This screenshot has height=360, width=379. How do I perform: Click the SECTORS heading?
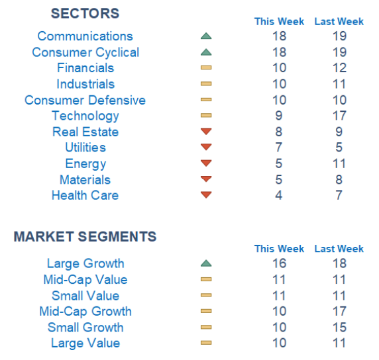pos(85,13)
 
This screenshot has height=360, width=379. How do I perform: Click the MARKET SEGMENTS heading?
pos(85,236)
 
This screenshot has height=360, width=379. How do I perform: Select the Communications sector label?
pos(85,36)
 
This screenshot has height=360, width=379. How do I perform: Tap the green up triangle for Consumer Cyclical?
pos(206,52)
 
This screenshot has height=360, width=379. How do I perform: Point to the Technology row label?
pos(85,116)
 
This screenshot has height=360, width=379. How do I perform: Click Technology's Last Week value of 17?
pos(339,116)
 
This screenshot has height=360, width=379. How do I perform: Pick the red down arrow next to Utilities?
pos(206,146)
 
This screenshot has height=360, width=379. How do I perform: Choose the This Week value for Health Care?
pos(279,195)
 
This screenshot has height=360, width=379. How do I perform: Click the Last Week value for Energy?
pos(339,163)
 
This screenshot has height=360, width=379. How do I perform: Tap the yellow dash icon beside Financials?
pos(206,67)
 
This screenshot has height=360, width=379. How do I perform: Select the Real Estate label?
pos(85,132)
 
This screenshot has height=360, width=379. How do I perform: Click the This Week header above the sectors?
pos(279,21)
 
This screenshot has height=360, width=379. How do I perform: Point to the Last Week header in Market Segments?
pos(339,249)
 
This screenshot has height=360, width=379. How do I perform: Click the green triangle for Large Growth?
pos(206,263)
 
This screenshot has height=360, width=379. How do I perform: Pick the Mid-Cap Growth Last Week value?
pos(339,311)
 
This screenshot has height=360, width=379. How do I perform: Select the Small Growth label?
pos(85,328)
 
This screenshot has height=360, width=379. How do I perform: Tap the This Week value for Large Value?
pos(279,343)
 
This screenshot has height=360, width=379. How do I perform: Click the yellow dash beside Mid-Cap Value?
pos(206,279)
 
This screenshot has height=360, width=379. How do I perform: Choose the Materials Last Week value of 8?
pos(339,179)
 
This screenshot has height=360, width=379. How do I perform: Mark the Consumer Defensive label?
pos(85,100)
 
